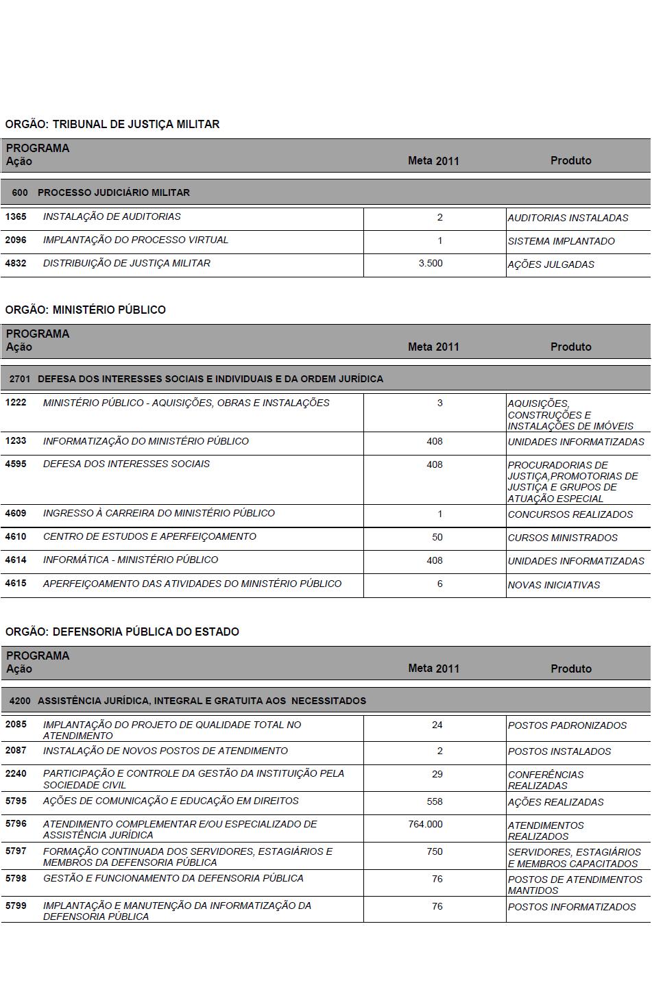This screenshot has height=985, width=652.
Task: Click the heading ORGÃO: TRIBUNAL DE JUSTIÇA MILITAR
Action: [x=112, y=124]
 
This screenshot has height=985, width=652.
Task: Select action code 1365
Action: [x=16, y=216]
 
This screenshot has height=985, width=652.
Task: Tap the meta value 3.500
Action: [x=431, y=263]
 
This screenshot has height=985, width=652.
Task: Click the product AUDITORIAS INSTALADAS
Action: [x=568, y=218]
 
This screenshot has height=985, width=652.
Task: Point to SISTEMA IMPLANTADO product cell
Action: [x=561, y=241]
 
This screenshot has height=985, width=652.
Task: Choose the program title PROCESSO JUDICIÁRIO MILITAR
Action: [x=114, y=192]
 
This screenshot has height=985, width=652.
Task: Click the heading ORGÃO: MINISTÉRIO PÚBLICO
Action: [x=86, y=310]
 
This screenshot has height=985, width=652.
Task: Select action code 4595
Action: [x=16, y=464]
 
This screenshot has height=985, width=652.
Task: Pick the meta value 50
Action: [x=437, y=537]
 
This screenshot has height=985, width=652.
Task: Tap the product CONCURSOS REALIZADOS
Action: [x=570, y=514]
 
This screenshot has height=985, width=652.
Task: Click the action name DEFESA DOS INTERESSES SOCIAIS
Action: [x=126, y=464]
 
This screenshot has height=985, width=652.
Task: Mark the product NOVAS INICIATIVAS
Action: [x=553, y=585]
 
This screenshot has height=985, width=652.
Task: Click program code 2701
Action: [x=20, y=379]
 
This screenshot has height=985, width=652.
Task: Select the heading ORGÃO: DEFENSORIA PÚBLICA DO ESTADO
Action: [x=122, y=632]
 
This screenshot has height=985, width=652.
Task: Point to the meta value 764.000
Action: [x=425, y=824]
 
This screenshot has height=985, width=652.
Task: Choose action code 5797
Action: [x=16, y=851]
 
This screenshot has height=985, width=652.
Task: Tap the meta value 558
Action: [x=435, y=801]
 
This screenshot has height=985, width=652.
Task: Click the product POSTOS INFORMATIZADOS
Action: [x=572, y=907]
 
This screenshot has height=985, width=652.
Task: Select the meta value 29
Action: [x=437, y=774]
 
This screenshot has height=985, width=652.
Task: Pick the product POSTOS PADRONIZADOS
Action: [x=567, y=725]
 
